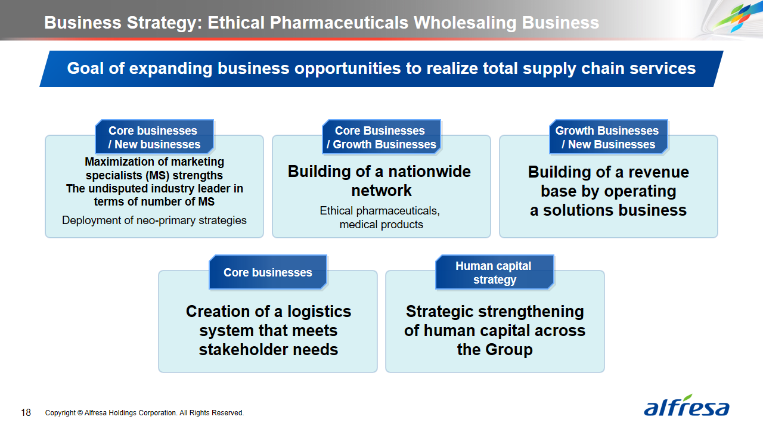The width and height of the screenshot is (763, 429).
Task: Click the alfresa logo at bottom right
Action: [x=686, y=406]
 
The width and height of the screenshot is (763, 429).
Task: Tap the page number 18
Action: [x=26, y=413]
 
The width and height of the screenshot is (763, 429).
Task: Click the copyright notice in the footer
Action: [x=144, y=413]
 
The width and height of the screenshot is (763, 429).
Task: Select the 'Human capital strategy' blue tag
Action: [x=495, y=272]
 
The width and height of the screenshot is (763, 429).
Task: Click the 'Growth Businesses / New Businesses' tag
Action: [x=609, y=137]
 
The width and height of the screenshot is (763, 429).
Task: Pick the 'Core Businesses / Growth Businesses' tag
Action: [x=381, y=137]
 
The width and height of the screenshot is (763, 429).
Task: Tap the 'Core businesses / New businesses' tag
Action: [x=154, y=137]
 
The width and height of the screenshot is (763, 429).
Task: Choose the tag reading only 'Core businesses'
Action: [x=268, y=272]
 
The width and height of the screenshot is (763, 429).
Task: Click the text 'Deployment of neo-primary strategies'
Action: [x=154, y=220]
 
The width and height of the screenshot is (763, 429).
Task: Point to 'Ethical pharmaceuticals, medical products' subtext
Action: [x=380, y=217]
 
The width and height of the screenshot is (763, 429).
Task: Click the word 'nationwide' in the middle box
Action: [x=427, y=171]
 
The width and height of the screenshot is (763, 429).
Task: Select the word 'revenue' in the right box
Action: [x=659, y=172]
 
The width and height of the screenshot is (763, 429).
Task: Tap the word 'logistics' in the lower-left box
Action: [x=319, y=312]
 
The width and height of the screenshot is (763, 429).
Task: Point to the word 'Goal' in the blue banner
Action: [x=85, y=68]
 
